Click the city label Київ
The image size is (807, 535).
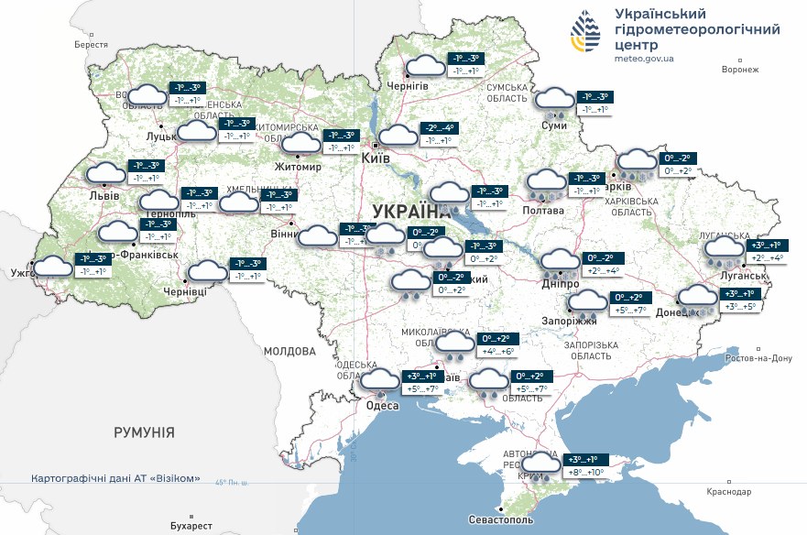376,158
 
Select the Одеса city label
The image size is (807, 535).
382,406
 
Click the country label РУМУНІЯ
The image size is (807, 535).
144,431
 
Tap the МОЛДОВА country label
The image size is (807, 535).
289,351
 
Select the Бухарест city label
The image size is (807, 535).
191,526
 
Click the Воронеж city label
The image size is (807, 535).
741,70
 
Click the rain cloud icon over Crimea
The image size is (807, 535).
540,466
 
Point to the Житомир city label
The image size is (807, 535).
299,168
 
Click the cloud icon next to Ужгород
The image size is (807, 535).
53,267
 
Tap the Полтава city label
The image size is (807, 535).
544,211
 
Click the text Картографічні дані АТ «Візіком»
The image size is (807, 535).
115,479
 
